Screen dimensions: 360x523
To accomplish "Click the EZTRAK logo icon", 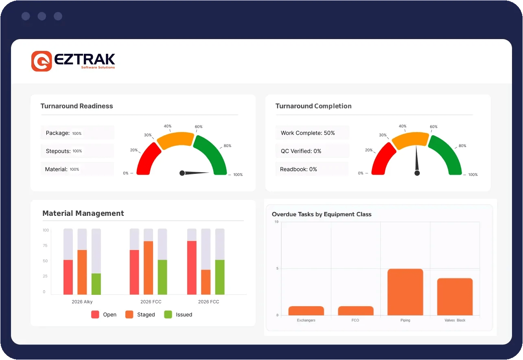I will click(x=42, y=61).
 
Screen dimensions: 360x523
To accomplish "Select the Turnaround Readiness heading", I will click(x=77, y=106).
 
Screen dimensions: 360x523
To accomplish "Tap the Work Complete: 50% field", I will click(x=312, y=133).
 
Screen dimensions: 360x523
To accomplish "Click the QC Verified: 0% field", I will click(x=312, y=151).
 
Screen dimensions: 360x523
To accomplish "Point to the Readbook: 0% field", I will click(x=311, y=169).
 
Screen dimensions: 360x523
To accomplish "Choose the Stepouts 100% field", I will click(x=77, y=151).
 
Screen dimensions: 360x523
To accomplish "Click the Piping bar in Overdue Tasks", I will click(x=405, y=292).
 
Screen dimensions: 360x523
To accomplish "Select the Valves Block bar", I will click(x=455, y=297).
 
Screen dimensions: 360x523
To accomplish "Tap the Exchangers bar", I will click(x=306, y=311).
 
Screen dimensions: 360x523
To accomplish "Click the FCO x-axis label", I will click(x=355, y=320).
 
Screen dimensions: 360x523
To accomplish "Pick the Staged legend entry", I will click(x=140, y=314).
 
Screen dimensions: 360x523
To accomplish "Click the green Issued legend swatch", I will click(x=168, y=314).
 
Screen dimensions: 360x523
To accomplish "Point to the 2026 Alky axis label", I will click(x=82, y=302).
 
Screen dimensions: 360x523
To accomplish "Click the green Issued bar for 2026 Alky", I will click(x=96, y=284).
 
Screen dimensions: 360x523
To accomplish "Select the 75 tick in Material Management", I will click(x=45, y=246).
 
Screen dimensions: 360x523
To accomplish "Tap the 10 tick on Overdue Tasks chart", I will click(x=276, y=222).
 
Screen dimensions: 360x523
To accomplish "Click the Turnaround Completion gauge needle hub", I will click(x=417, y=173).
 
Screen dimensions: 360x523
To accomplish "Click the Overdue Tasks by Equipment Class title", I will click(x=322, y=214).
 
